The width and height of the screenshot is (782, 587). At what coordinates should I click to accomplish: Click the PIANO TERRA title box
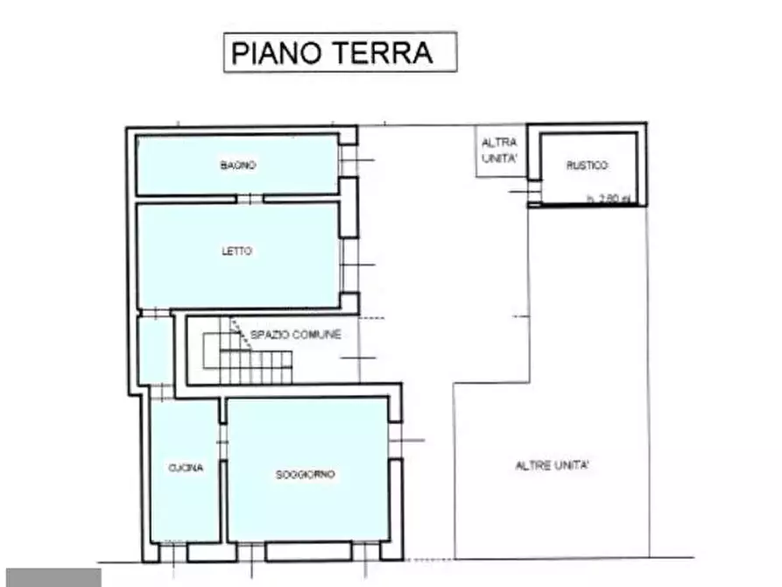340,52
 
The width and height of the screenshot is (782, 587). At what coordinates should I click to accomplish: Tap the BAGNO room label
237,165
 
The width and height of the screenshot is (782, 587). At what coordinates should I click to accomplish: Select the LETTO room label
236,251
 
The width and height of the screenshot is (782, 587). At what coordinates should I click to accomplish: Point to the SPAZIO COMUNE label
295,335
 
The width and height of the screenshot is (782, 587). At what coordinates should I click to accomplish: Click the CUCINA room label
185,468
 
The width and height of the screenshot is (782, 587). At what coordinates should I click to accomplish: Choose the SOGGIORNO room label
305,474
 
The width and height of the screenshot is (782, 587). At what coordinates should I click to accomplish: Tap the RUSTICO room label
587,166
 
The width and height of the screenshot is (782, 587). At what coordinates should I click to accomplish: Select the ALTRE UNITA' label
552,466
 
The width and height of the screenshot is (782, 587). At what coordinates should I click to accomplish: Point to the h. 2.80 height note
608,199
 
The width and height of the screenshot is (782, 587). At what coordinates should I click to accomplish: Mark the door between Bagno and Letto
250,198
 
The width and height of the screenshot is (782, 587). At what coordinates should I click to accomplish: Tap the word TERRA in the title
383,53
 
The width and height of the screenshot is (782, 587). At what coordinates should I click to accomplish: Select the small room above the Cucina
154,350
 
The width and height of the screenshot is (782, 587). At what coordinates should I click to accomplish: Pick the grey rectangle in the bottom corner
50,577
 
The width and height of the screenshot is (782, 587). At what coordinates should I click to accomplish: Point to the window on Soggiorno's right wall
396,440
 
